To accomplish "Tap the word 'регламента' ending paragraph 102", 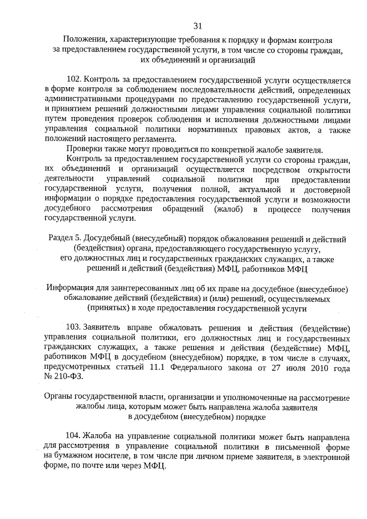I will (x=157, y=138).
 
